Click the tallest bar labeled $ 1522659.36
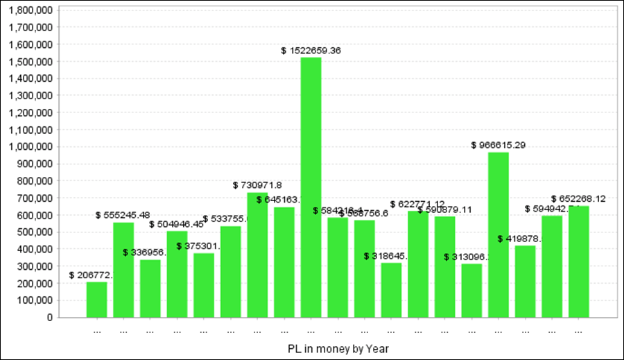pos(311,187)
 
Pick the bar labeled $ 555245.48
pos(123,270)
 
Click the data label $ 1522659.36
pos(311,51)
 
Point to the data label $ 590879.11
pos(444,209)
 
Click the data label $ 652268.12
pos(578,198)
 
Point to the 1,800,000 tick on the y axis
pos(30,10)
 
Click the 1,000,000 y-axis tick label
pos(30,147)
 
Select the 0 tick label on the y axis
pos(49,318)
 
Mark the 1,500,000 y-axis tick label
pos(30,62)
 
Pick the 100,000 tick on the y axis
pos(34,300)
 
